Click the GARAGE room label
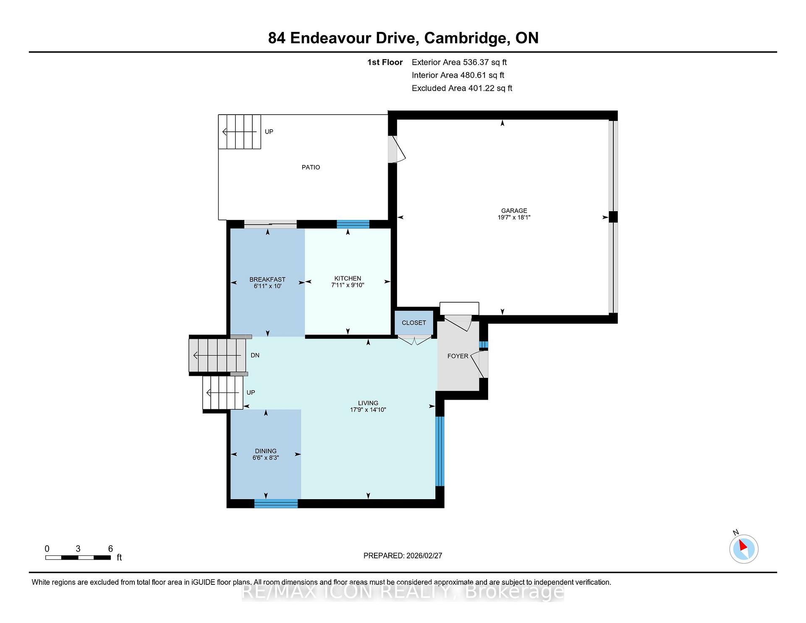click(x=514, y=211)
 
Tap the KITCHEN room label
click(x=348, y=278)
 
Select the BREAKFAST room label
click(x=267, y=280)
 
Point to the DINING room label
click(x=266, y=451)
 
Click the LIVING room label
click(x=368, y=403)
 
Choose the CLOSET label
click(x=414, y=323)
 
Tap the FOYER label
click(x=458, y=356)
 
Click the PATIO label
click(x=311, y=167)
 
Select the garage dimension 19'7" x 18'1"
click(x=514, y=217)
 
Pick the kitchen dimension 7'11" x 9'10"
click(x=348, y=285)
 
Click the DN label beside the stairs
click(x=255, y=355)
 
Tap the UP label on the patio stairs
click(x=269, y=132)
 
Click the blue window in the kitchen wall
click(x=353, y=224)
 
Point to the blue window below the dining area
click(x=276, y=503)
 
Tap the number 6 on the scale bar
click(x=110, y=549)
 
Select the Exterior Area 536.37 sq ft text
click(x=459, y=62)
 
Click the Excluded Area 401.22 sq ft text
click(x=462, y=88)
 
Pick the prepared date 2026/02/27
click(x=424, y=556)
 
